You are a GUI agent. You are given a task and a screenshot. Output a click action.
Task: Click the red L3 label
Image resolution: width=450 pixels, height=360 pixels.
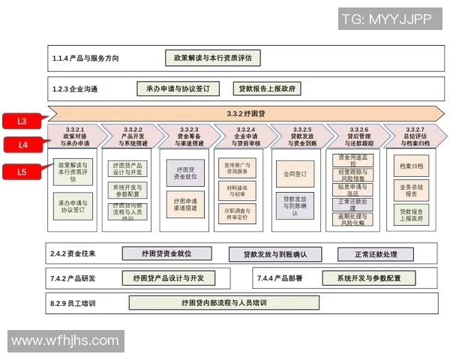[22, 120]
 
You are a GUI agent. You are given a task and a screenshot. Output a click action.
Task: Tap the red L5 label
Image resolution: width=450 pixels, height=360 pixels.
[22, 172]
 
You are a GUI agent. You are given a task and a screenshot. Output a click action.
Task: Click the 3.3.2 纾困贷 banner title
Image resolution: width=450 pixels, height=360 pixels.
[246, 114]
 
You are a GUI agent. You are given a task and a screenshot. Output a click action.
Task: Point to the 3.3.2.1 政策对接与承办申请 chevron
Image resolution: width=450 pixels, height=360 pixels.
[74, 136]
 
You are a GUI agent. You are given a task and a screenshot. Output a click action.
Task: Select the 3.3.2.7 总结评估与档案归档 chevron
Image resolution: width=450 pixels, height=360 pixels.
[415, 136]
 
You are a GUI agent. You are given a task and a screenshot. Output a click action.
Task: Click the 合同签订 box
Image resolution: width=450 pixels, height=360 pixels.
[295, 174]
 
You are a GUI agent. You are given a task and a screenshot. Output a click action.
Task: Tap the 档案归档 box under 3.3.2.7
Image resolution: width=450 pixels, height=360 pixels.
[411, 166]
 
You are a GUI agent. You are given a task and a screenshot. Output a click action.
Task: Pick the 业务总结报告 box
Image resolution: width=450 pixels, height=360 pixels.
[411, 189]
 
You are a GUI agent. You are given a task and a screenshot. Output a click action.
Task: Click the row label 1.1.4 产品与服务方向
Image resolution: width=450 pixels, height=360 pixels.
[85, 58]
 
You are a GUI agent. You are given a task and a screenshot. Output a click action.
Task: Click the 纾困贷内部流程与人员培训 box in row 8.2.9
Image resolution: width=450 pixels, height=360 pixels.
[223, 303]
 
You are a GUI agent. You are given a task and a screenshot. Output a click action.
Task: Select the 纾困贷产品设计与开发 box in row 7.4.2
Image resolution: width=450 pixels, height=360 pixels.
[168, 278]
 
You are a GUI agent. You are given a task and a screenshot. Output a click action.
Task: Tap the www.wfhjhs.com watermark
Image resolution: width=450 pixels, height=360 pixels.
[66, 340]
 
